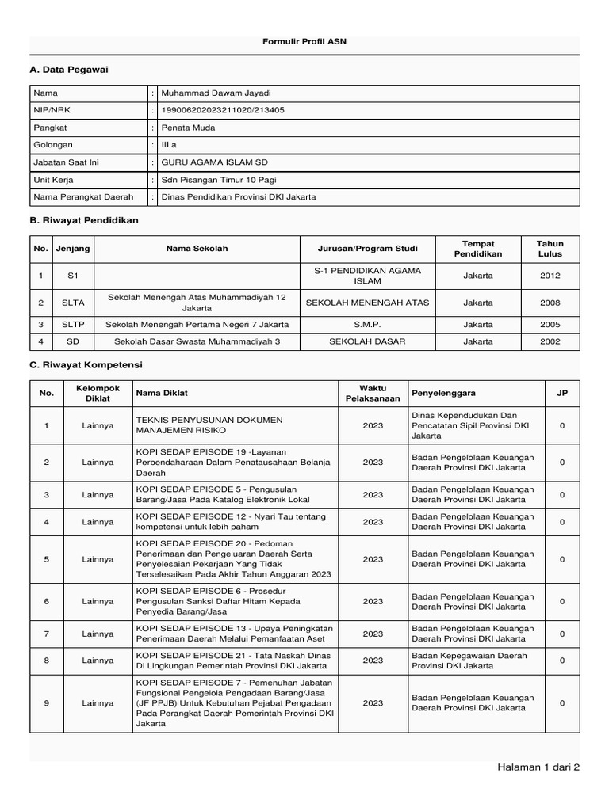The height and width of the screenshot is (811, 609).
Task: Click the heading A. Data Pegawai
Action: (68, 70)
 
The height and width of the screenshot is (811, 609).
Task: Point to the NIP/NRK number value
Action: (223, 111)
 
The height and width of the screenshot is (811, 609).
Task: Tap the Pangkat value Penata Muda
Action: (188, 128)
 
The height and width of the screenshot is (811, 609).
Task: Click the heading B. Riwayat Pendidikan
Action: (84, 220)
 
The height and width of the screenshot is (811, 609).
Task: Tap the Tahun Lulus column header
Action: (550, 249)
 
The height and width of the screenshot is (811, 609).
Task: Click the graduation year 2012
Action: (550, 276)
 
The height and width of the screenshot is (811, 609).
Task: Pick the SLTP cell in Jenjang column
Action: (73, 324)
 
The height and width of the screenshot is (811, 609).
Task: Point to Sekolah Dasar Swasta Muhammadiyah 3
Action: (197, 341)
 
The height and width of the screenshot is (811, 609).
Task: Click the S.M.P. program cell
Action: (367, 324)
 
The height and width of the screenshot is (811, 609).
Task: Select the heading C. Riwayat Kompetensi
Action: (86, 365)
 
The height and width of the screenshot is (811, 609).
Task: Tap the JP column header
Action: (562, 393)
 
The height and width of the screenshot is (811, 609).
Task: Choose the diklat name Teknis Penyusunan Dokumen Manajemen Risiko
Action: (209, 425)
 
